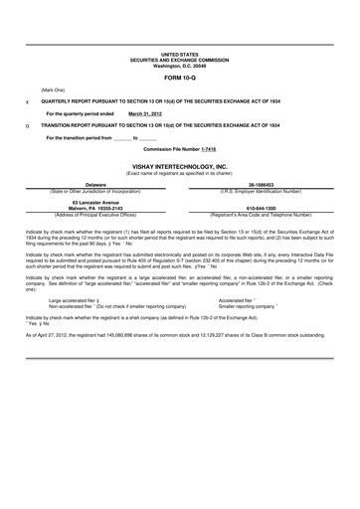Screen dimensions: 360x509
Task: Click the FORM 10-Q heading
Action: coord(180,76)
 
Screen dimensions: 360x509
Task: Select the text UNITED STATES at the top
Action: coord(180,55)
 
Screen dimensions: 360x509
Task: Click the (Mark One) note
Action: coord(54,89)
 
